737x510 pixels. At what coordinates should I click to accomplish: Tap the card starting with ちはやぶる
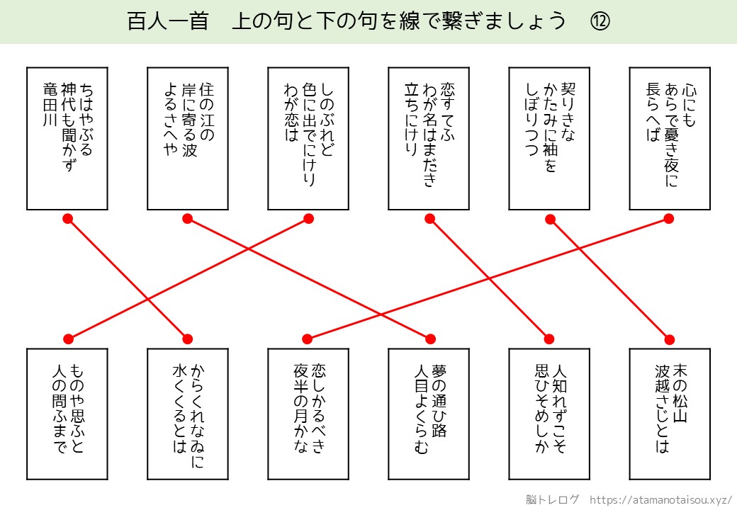click(x=67, y=138)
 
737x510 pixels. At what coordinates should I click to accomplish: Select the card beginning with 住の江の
click(x=188, y=138)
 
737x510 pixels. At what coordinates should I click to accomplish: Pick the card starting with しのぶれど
click(x=308, y=138)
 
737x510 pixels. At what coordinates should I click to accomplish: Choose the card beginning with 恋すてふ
click(x=429, y=138)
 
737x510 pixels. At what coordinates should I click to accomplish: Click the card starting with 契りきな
click(x=549, y=138)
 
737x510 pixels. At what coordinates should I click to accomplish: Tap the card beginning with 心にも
click(x=670, y=138)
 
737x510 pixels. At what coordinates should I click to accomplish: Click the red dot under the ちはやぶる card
click(x=68, y=219)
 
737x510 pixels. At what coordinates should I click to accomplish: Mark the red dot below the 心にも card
click(x=669, y=219)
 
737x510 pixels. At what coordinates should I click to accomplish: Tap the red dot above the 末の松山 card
click(x=669, y=338)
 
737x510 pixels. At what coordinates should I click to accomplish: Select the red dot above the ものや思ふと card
click(x=68, y=338)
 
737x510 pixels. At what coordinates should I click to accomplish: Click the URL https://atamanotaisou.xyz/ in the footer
click(x=660, y=499)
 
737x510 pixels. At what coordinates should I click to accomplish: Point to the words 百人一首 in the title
click(x=167, y=21)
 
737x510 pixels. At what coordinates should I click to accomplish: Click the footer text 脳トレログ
click(x=553, y=499)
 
